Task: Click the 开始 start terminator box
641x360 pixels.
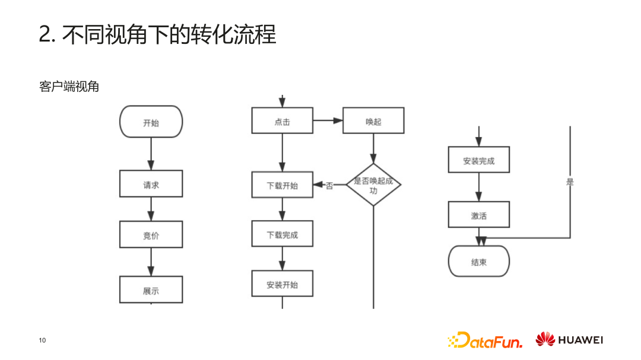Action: coord(151,122)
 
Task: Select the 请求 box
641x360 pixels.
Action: coord(151,184)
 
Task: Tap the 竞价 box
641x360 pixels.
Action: coord(151,235)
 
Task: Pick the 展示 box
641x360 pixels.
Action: coord(151,290)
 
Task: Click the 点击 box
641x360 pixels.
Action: coord(282,121)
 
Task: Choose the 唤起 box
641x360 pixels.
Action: coord(373,121)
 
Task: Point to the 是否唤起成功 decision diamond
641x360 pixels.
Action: coord(373,185)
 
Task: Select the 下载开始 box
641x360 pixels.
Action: coord(282,185)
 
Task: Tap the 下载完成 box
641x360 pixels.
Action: coord(282,234)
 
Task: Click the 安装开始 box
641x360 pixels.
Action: coord(282,284)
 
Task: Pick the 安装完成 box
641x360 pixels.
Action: coord(478,160)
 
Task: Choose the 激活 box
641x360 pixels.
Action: coord(478,215)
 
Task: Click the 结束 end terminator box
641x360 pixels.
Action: coord(478,262)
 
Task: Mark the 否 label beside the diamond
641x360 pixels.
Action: coord(329,186)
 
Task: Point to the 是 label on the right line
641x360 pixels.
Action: coord(570,182)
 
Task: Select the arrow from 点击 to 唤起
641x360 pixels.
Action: coord(328,121)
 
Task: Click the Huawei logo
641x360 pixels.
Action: coord(569,340)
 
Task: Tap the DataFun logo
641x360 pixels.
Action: coord(485,340)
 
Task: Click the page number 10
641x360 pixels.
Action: coord(42,340)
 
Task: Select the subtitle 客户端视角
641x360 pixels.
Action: coord(69,87)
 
